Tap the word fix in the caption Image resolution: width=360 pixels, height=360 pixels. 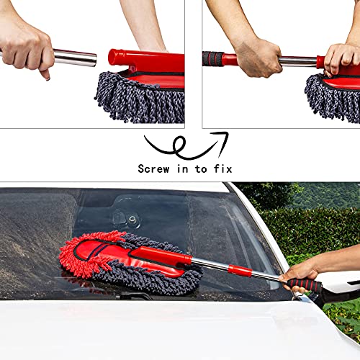(220, 168)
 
